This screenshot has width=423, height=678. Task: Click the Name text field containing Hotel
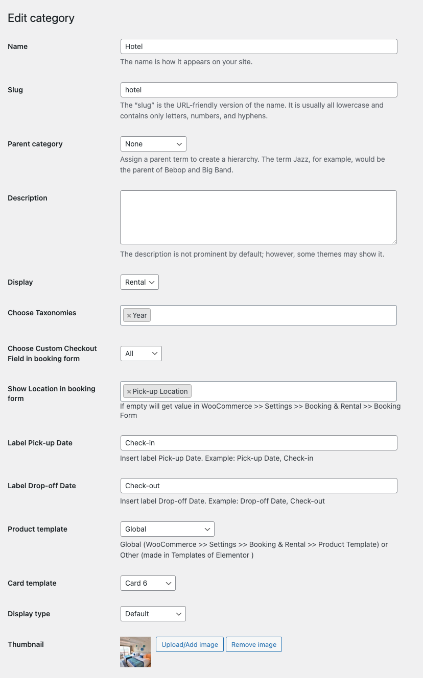[x=258, y=46]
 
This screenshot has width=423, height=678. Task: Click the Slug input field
[x=258, y=90]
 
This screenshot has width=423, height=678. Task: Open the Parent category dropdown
[x=153, y=144]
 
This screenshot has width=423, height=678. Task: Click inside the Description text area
[x=258, y=217]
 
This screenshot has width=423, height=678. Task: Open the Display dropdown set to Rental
[x=139, y=282]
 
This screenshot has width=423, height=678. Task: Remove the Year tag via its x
[x=129, y=316]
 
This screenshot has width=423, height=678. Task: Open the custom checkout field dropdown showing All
[x=141, y=354]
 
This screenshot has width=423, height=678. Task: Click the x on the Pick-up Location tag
[x=129, y=392]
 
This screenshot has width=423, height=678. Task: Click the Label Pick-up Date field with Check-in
[x=258, y=443]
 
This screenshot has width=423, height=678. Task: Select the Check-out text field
[x=258, y=486]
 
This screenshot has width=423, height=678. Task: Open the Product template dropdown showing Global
[x=167, y=529]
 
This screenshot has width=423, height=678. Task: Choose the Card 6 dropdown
[x=148, y=583]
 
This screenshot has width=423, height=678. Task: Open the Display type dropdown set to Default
[x=153, y=614]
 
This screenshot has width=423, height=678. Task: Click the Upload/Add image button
[x=190, y=644]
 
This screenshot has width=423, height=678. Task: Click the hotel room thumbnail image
[x=135, y=652]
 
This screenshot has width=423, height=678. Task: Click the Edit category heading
[x=41, y=18]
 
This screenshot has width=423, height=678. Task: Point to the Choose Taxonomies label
[x=42, y=313]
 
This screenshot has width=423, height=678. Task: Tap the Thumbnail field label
[x=26, y=644]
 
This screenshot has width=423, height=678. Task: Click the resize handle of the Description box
[x=394, y=241]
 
